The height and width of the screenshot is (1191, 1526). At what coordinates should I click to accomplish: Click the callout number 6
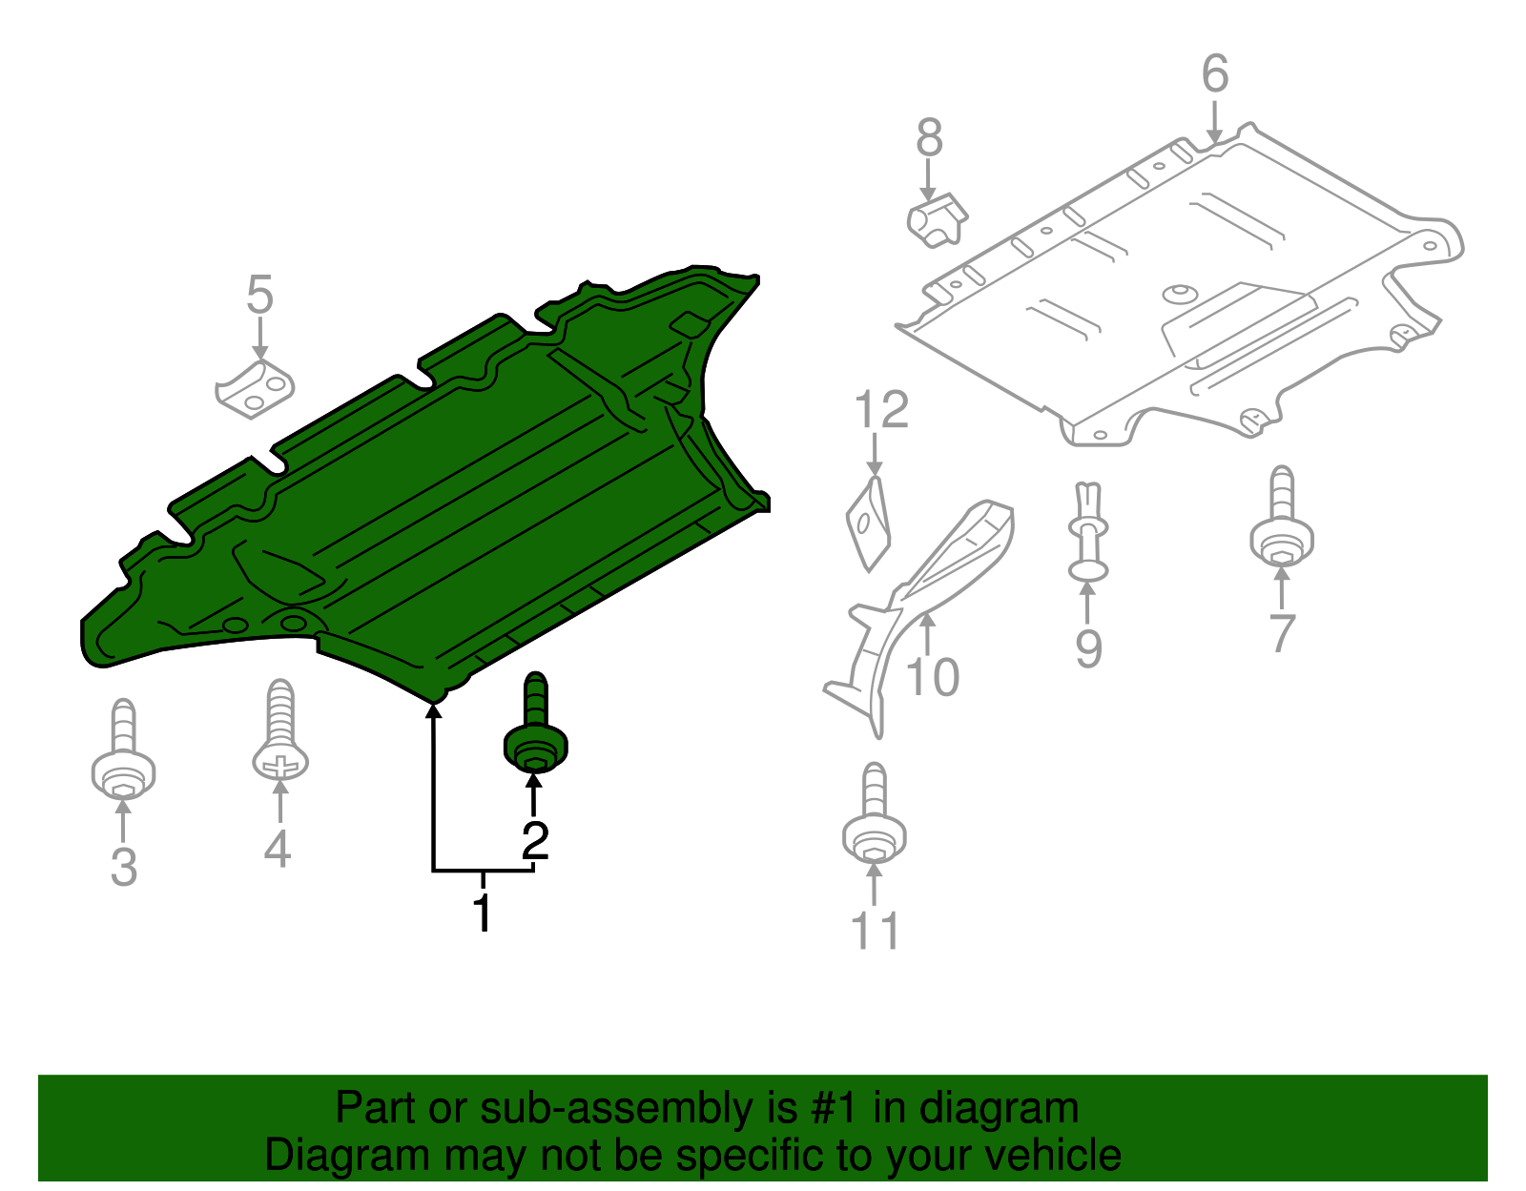point(1214,73)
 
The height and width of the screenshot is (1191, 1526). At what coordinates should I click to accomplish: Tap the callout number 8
point(929,138)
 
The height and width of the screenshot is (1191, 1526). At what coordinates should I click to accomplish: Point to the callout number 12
point(881,411)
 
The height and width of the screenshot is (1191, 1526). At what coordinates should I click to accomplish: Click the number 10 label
point(932,678)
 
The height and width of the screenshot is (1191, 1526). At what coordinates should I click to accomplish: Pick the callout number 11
point(875,931)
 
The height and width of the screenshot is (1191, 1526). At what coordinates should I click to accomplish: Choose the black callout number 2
point(535,841)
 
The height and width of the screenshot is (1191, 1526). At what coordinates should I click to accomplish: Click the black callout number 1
point(484,913)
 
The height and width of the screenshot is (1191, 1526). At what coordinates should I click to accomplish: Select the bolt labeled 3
point(123,753)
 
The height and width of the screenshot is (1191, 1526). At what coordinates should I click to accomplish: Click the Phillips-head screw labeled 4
point(280,739)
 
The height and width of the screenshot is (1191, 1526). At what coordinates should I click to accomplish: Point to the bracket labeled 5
point(255,388)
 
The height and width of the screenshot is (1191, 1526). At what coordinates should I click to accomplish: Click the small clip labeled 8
point(937,219)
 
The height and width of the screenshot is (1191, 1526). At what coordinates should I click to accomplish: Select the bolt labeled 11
point(874,817)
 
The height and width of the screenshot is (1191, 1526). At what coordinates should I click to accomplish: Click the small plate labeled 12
point(868,525)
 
